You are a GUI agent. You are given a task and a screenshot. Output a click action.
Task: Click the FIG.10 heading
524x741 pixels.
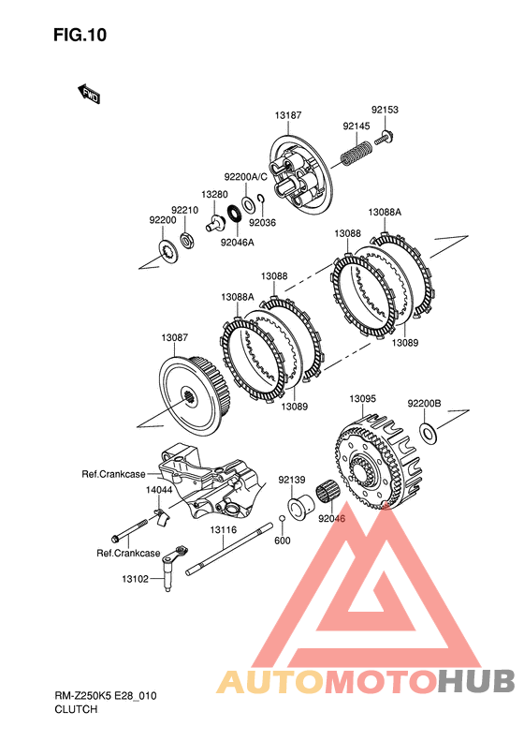pos(80,35)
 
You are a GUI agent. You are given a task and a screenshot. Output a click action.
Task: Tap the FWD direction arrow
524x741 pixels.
pos(88,94)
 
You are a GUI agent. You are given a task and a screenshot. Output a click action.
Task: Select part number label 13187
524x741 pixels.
pos(288,115)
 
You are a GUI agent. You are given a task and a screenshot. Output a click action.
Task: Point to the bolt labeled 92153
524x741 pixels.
pos(385,139)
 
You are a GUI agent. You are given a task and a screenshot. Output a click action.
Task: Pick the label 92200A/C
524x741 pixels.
pos(245,177)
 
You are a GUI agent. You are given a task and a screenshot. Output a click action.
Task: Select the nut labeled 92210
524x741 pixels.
pos(188,241)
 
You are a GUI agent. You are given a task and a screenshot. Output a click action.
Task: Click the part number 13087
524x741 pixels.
pos(174,337)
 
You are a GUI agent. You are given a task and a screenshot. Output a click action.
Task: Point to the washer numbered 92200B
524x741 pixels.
pos(429,434)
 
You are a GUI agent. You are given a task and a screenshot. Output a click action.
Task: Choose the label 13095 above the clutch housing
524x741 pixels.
pos(362,399)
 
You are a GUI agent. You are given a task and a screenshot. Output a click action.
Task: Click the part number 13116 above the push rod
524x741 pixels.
pos(224,530)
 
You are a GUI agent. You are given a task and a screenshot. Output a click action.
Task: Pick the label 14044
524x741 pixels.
pos(159,490)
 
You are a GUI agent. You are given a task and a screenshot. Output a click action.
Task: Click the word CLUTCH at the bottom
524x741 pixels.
pos(76,709)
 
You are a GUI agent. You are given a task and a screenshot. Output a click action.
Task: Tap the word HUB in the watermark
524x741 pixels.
pos(476,681)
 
